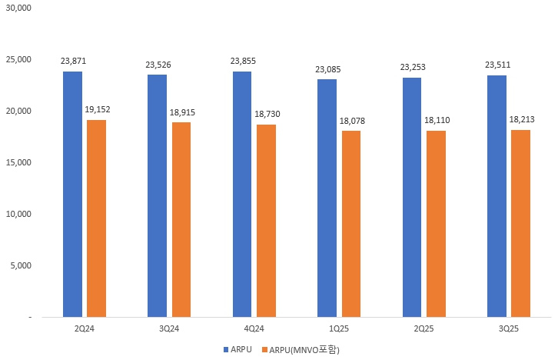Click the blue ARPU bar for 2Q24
pos(72,194)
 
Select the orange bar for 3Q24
pos(181,219)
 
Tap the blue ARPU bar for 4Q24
pos(242,194)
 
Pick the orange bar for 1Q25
pos(351,224)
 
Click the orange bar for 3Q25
pos(520,223)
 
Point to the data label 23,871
pos(72,61)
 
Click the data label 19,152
pos(97,109)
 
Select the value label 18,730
pos(267,114)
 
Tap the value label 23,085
pos(327,69)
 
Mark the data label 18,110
pos(437,120)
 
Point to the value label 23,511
pos(497,65)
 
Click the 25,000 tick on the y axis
pos(16,59)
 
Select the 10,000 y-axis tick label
pos(16,214)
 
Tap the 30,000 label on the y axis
pos(16,8)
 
